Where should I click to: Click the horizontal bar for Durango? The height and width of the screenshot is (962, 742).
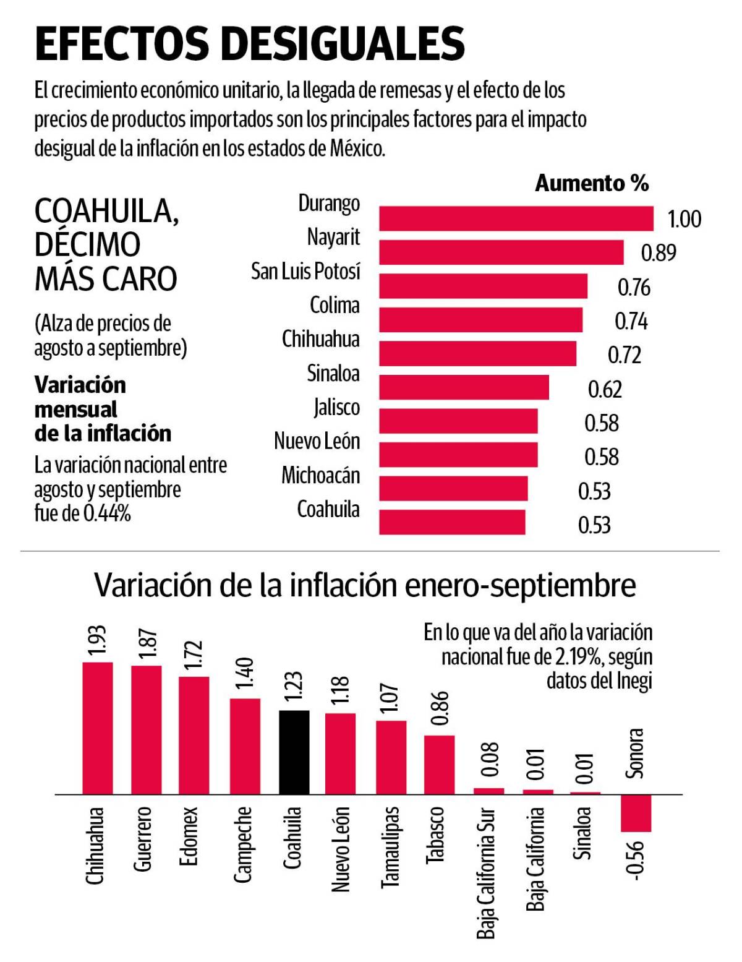[x=516, y=219]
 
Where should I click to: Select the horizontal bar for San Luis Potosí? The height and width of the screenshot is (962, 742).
[x=483, y=286]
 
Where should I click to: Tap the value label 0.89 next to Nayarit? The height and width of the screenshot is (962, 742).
[x=658, y=253]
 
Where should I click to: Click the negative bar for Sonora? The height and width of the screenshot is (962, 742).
[x=636, y=813]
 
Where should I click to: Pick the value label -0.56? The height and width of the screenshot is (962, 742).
[x=636, y=859]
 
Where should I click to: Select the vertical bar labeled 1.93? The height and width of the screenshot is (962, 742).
[x=98, y=728]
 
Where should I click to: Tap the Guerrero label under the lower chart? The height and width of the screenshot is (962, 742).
[x=143, y=839]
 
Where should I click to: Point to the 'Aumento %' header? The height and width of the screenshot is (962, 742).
[x=592, y=183]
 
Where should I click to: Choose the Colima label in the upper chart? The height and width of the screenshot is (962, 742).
[x=335, y=305]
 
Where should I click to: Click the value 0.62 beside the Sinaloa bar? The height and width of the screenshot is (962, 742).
[x=605, y=389]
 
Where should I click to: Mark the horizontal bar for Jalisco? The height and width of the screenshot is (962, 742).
[x=458, y=421]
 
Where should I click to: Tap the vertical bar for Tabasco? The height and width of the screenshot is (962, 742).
[x=439, y=764]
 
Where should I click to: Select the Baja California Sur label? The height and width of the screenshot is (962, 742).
[x=486, y=872]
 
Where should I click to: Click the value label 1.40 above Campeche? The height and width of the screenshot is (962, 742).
[x=245, y=673]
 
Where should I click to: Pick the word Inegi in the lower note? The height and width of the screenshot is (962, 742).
[x=634, y=681]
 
